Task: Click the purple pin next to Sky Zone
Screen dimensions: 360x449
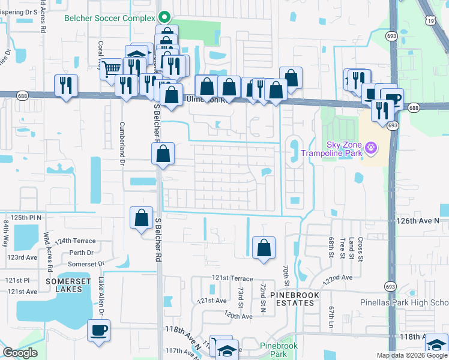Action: [372, 146]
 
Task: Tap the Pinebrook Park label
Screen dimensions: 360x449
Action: [279, 350]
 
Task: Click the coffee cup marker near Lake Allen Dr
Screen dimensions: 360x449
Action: [98, 329]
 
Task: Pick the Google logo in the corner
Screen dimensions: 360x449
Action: [20, 353]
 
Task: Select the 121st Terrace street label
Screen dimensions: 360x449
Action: [232, 278]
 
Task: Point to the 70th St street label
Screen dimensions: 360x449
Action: [286, 273]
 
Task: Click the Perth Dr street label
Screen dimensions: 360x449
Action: [82, 253]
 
